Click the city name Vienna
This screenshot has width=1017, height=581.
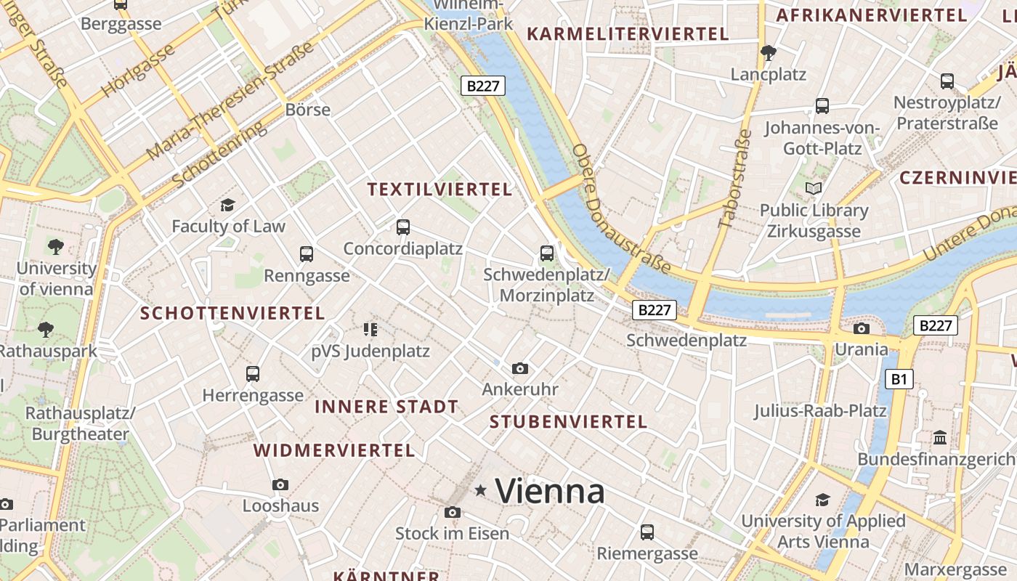click(x=549, y=492)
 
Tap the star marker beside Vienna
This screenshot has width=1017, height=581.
click(x=480, y=491)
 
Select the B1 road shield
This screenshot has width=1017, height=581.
click(x=899, y=378)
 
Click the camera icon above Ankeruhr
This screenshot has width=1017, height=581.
click(x=519, y=369)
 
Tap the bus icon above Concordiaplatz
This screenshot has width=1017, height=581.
click(x=403, y=227)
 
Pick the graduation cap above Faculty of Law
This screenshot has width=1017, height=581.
click(x=228, y=205)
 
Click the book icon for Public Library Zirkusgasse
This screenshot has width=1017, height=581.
click(x=814, y=189)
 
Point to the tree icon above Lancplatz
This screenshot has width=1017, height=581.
click(x=768, y=52)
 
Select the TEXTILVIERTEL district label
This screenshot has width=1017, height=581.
click(x=439, y=190)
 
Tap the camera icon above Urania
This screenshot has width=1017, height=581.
click(x=861, y=328)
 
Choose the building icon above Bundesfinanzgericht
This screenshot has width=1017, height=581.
click(x=940, y=438)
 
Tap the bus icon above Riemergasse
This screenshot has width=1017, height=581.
click(x=647, y=532)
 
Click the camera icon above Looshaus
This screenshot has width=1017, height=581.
click(x=280, y=484)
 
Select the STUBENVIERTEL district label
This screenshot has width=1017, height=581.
click(x=568, y=422)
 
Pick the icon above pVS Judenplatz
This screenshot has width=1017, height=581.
click(x=370, y=330)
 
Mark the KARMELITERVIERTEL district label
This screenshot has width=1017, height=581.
click(x=628, y=34)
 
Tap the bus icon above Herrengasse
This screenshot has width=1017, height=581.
click(x=252, y=374)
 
